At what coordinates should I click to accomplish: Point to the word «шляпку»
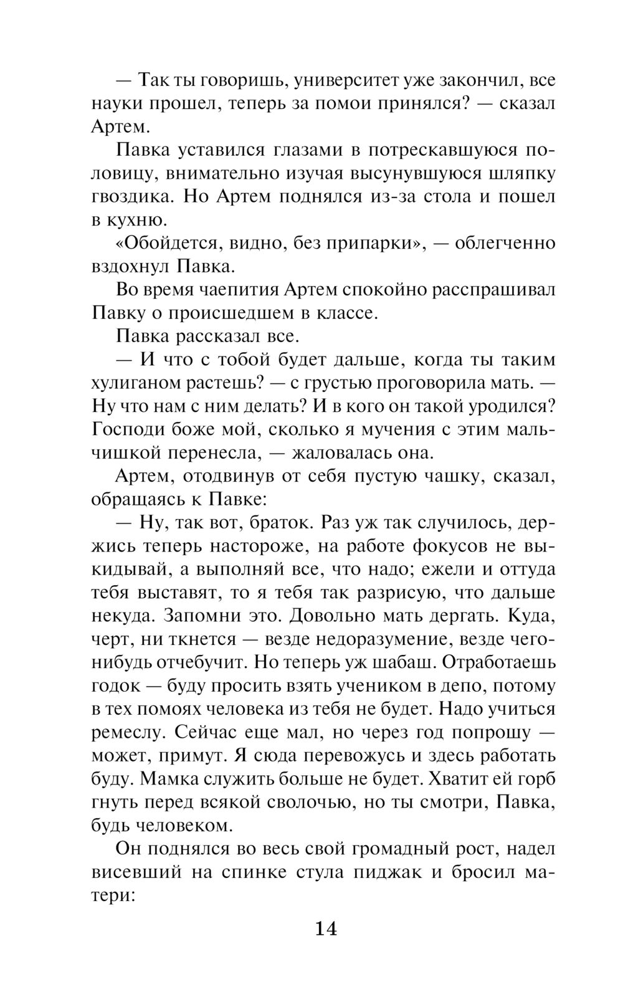523,173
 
